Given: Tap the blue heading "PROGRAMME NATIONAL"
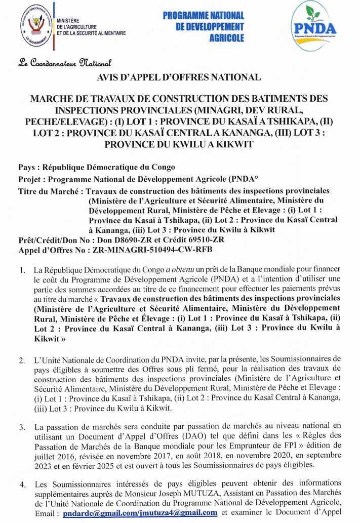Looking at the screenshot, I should tap(203, 16).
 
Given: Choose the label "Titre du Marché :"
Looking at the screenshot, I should tap(51, 191).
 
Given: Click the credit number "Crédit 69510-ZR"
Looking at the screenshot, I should tap(202, 239).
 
